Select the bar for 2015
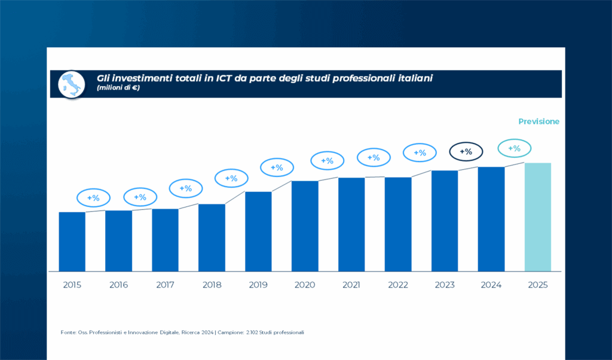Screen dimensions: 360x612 pyautogui.click(x=72, y=241)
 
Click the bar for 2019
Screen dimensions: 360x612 pyautogui.click(x=258, y=231)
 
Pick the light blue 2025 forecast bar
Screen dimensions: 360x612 pyautogui.click(x=537, y=216)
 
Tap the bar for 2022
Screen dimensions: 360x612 pyautogui.click(x=398, y=224)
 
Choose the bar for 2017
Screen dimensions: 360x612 pyautogui.click(x=165, y=239)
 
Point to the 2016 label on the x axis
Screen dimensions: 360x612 pyautogui.click(x=118, y=285)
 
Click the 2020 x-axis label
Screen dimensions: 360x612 pyautogui.click(x=305, y=285)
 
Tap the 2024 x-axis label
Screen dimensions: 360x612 pyautogui.click(x=491, y=285)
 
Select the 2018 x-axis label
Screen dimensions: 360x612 pyautogui.click(x=212, y=285)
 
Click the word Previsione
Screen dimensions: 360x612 pyautogui.click(x=538, y=121)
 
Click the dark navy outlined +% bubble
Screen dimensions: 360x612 pyautogui.click(x=466, y=152)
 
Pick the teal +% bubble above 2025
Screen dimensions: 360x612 pyautogui.click(x=514, y=148)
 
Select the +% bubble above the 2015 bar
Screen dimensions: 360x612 pyautogui.click(x=93, y=197)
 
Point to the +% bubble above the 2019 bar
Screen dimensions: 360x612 pyautogui.click(x=277, y=168)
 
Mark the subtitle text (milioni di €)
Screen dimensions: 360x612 pyautogui.click(x=118, y=89)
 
